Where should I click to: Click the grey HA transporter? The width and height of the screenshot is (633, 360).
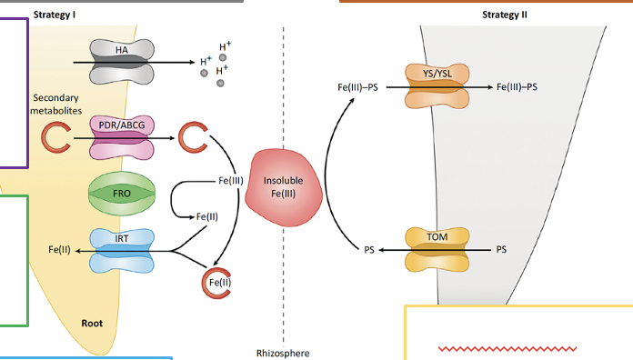[122, 62]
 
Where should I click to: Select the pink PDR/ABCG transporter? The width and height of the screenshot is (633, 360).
[122, 137]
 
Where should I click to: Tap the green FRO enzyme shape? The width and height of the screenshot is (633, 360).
[122, 194]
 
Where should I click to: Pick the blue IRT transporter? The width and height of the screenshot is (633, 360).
[122, 251]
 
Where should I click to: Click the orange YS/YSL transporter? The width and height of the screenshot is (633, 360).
[437, 86]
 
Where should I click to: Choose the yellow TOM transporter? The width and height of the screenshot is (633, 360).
[437, 249]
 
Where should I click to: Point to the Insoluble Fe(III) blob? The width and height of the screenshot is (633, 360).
[284, 187]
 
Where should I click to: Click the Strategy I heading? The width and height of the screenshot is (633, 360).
[55, 15]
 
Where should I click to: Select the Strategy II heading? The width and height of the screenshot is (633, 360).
[505, 15]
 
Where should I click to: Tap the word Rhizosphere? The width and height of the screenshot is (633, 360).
[283, 353]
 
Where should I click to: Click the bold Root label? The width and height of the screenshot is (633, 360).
[92, 323]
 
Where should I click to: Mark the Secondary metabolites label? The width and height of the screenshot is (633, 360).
[55, 105]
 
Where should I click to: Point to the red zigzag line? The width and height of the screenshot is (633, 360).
[507, 349]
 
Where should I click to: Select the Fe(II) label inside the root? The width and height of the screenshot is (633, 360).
[59, 250]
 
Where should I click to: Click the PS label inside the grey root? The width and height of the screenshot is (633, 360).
[501, 249]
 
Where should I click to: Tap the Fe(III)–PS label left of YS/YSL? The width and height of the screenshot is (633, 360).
[357, 87]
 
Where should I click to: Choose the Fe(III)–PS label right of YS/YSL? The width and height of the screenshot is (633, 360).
[517, 86]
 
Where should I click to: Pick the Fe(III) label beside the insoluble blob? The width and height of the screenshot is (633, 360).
[230, 180]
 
